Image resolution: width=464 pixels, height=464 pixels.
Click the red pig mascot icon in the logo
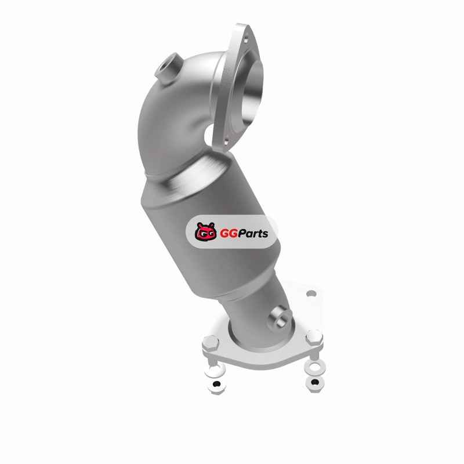point(206,231)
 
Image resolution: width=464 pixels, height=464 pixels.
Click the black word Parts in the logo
point(253,233)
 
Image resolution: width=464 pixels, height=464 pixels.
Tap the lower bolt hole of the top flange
point(226,142)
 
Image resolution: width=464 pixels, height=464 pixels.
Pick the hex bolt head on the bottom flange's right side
point(314,337)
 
